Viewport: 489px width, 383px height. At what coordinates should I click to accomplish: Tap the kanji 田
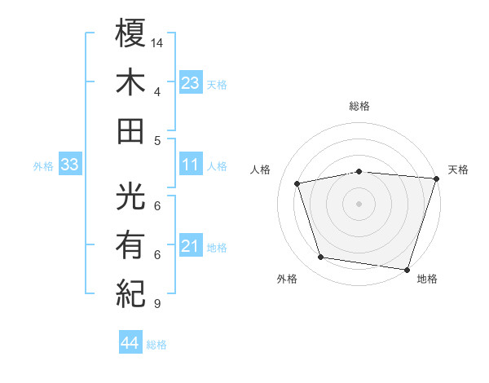130,130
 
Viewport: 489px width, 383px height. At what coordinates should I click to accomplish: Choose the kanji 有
130,243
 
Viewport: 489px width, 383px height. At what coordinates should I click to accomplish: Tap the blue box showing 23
191,81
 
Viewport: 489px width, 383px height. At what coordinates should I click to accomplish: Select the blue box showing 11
191,165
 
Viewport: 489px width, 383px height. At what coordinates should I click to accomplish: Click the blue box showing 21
191,246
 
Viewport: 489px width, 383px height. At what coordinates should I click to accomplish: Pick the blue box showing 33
69,165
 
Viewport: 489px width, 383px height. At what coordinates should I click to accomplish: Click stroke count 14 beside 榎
157,42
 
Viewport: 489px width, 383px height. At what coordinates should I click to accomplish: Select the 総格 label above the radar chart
359,107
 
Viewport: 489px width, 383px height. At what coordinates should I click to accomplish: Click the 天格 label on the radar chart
458,169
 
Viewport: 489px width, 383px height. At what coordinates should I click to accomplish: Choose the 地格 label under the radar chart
427,280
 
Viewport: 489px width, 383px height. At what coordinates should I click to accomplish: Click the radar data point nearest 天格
436,178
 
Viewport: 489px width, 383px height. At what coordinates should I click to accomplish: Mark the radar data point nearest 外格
321,258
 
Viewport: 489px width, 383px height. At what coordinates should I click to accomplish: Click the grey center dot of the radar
359,204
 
